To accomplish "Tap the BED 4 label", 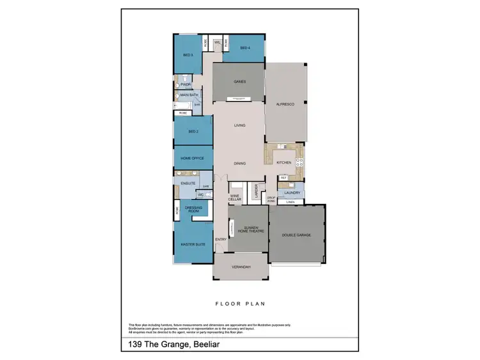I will pyautogui.click(x=244, y=48).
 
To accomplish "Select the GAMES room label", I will pyautogui.click(x=239, y=81).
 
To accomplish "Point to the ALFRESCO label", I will pyautogui.click(x=285, y=104).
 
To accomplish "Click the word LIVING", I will pyautogui.click(x=239, y=125).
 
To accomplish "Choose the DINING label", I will pyautogui.click(x=239, y=164).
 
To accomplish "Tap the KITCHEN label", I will pyautogui.click(x=284, y=162).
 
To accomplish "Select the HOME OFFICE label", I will pyautogui.click(x=193, y=158).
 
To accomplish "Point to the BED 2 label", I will pyautogui.click(x=193, y=132).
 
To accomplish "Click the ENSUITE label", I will pyautogui.click(x=188, y=184).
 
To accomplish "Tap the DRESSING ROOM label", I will pyautogui.click(x=193, y=208).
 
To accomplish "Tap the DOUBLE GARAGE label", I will pyautogui.click(x=296, y=235).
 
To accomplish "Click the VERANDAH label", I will pyautogui.click(x=241, y=266).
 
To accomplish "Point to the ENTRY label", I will pyautogui.click(x=221, y=240).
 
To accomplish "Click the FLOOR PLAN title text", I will pyautogui.click(x=240, y=304).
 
